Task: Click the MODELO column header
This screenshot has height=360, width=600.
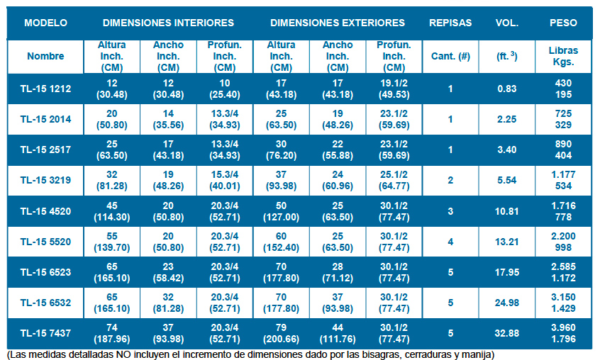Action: pyautogui.click(x=45, y=23)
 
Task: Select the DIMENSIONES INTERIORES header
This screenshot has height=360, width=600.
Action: pyautogui.click(x=167, y=23)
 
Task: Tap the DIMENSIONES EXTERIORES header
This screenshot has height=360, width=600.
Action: pyautogui.click(x=338, y=23)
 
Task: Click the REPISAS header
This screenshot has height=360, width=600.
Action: pyautogui.click(x=450, y=23)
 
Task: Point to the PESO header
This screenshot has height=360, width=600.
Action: pyautogui.click(x=563, y=23)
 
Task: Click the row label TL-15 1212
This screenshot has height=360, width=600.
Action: pyautogui.click(x=45, y=89)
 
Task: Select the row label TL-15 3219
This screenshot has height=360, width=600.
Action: pyautogui.click(x=45, y=180)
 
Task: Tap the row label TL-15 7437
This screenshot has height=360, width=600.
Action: pyautogui.click(x=45, y=333)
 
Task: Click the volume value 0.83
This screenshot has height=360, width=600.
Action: pyautogui.click(x=507, y=89)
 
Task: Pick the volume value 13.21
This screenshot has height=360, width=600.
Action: pyautogui.click(x=507, y=242)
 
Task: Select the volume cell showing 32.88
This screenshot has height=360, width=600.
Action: pyautogui.click(x=507, y=333)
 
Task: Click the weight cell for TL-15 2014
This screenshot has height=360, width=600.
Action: pyautogui.click(x=563, y=119)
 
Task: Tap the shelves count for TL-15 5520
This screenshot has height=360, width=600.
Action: pyautogui.click(x=450, y=242)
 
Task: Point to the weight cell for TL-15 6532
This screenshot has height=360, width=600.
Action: pyautogui.click(x=563, y=303)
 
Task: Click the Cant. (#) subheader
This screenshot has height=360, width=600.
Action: pyautogui.click(x=450, y=56)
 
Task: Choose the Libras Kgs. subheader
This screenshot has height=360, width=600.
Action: pyautogui.click(x=563, y=56)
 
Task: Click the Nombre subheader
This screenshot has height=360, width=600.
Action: pyautogui.click(x=45, y=56)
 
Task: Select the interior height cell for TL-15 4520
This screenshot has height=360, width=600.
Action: pyautogui.click(x=111, y=211)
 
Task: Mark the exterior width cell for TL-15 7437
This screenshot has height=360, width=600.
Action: pyautogui.click(x=338, y=333)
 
